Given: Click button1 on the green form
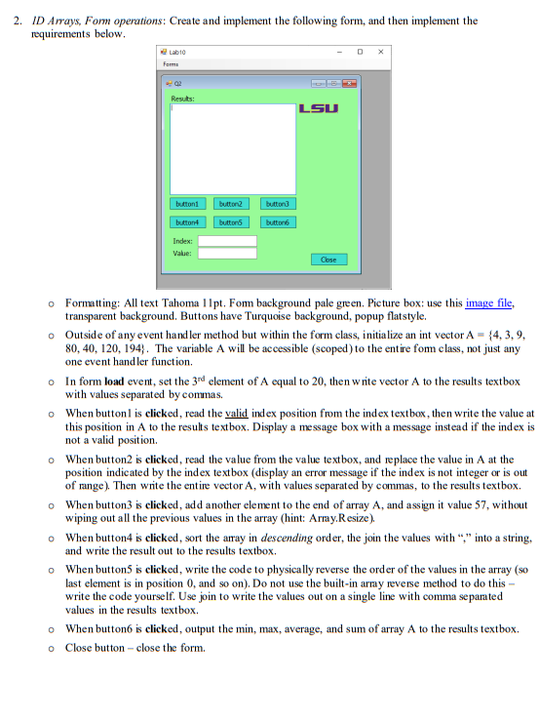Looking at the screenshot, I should (x=188, y=204).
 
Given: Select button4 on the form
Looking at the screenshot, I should (x=188, y=222).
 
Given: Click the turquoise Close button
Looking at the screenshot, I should (x=327, y=260).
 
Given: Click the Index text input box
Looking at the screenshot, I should (x=227, y=240).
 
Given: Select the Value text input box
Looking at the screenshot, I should (x=227, y=253).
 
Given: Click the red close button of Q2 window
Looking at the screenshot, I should (x=349, y=84).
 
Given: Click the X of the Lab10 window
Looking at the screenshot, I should (x=381, y=51).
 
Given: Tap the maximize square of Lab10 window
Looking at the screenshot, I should (x=360, y=51).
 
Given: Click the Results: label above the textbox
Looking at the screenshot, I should (x=182, y=98).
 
